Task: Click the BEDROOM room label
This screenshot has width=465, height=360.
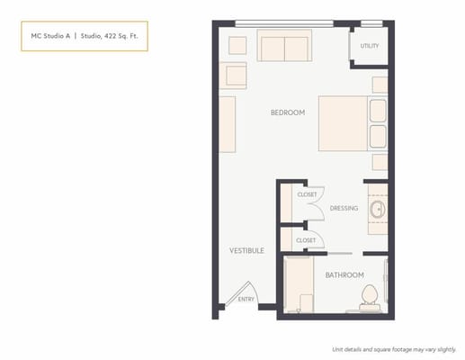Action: (288, 112)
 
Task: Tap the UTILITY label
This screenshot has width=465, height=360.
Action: (369, 45)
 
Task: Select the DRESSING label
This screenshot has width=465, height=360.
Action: (344, 208)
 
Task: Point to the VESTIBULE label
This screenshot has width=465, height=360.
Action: (246, 250)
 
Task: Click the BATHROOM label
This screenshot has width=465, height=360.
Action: (344, 274)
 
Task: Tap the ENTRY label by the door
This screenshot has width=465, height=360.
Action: (246, 299)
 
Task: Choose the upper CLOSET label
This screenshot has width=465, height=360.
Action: (307, 193)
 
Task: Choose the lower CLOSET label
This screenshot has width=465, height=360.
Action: (306, 240)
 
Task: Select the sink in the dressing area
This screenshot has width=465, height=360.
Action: (378, 211)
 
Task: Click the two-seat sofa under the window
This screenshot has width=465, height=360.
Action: (284, 46)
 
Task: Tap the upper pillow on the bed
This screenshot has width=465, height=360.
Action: (378, 112)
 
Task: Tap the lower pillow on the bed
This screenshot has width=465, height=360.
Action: (378, 137)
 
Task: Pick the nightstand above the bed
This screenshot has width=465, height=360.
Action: (380, 85)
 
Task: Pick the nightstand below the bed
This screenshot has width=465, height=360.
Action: (380, 163)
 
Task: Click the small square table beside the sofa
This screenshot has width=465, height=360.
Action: (237, 45)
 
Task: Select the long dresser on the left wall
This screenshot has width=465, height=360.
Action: (228, 124)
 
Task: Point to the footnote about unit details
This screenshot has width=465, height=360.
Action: (393, 348)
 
